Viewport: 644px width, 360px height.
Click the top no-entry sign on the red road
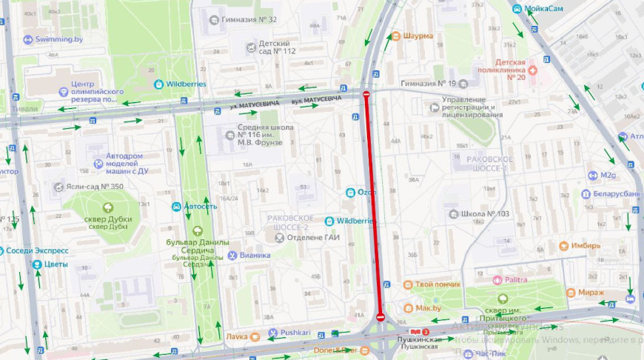coord(366,94)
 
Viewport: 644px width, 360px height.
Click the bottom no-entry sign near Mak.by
coord(380,317)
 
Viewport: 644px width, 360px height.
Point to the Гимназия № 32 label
coord(249,19)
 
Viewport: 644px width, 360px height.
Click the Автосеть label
coord(200,207)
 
